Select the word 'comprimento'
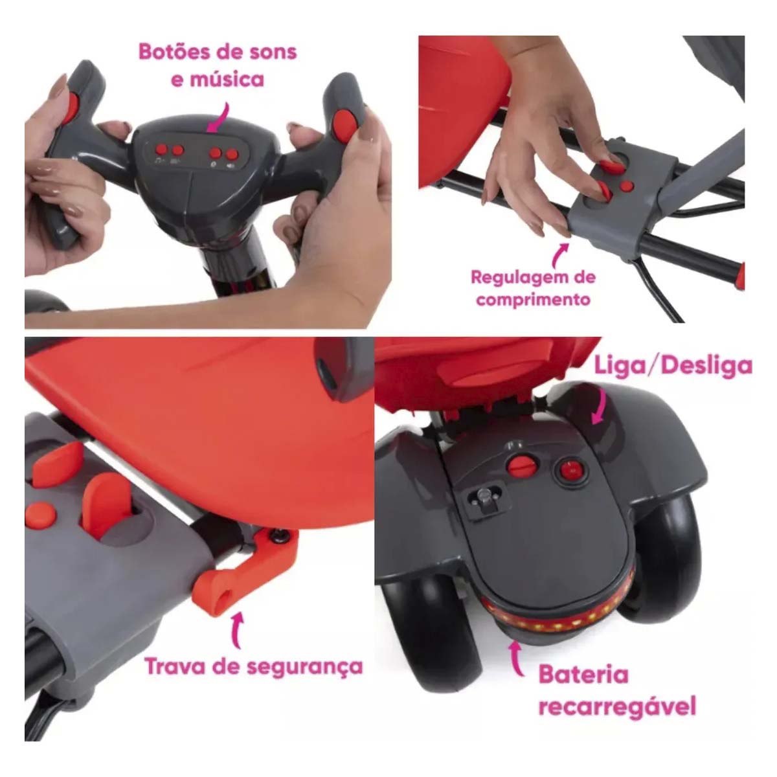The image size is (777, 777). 534,300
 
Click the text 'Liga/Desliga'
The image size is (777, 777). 673,365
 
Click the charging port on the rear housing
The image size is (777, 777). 482,499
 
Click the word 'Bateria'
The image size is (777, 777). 583,675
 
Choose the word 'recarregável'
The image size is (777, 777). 617,705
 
